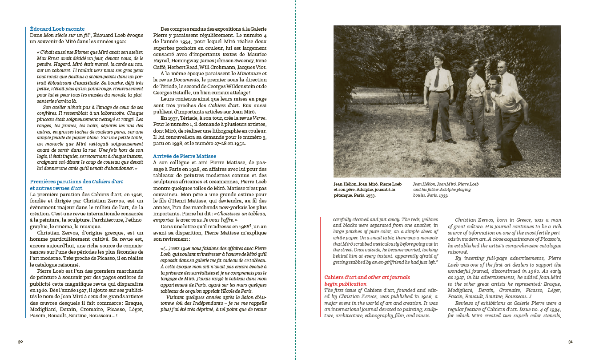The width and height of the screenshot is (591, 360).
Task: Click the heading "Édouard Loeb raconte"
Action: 57,29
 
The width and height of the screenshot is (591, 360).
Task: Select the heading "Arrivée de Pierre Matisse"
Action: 185,156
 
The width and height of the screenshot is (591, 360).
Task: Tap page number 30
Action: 20,342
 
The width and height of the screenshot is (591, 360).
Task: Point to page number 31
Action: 570,342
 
